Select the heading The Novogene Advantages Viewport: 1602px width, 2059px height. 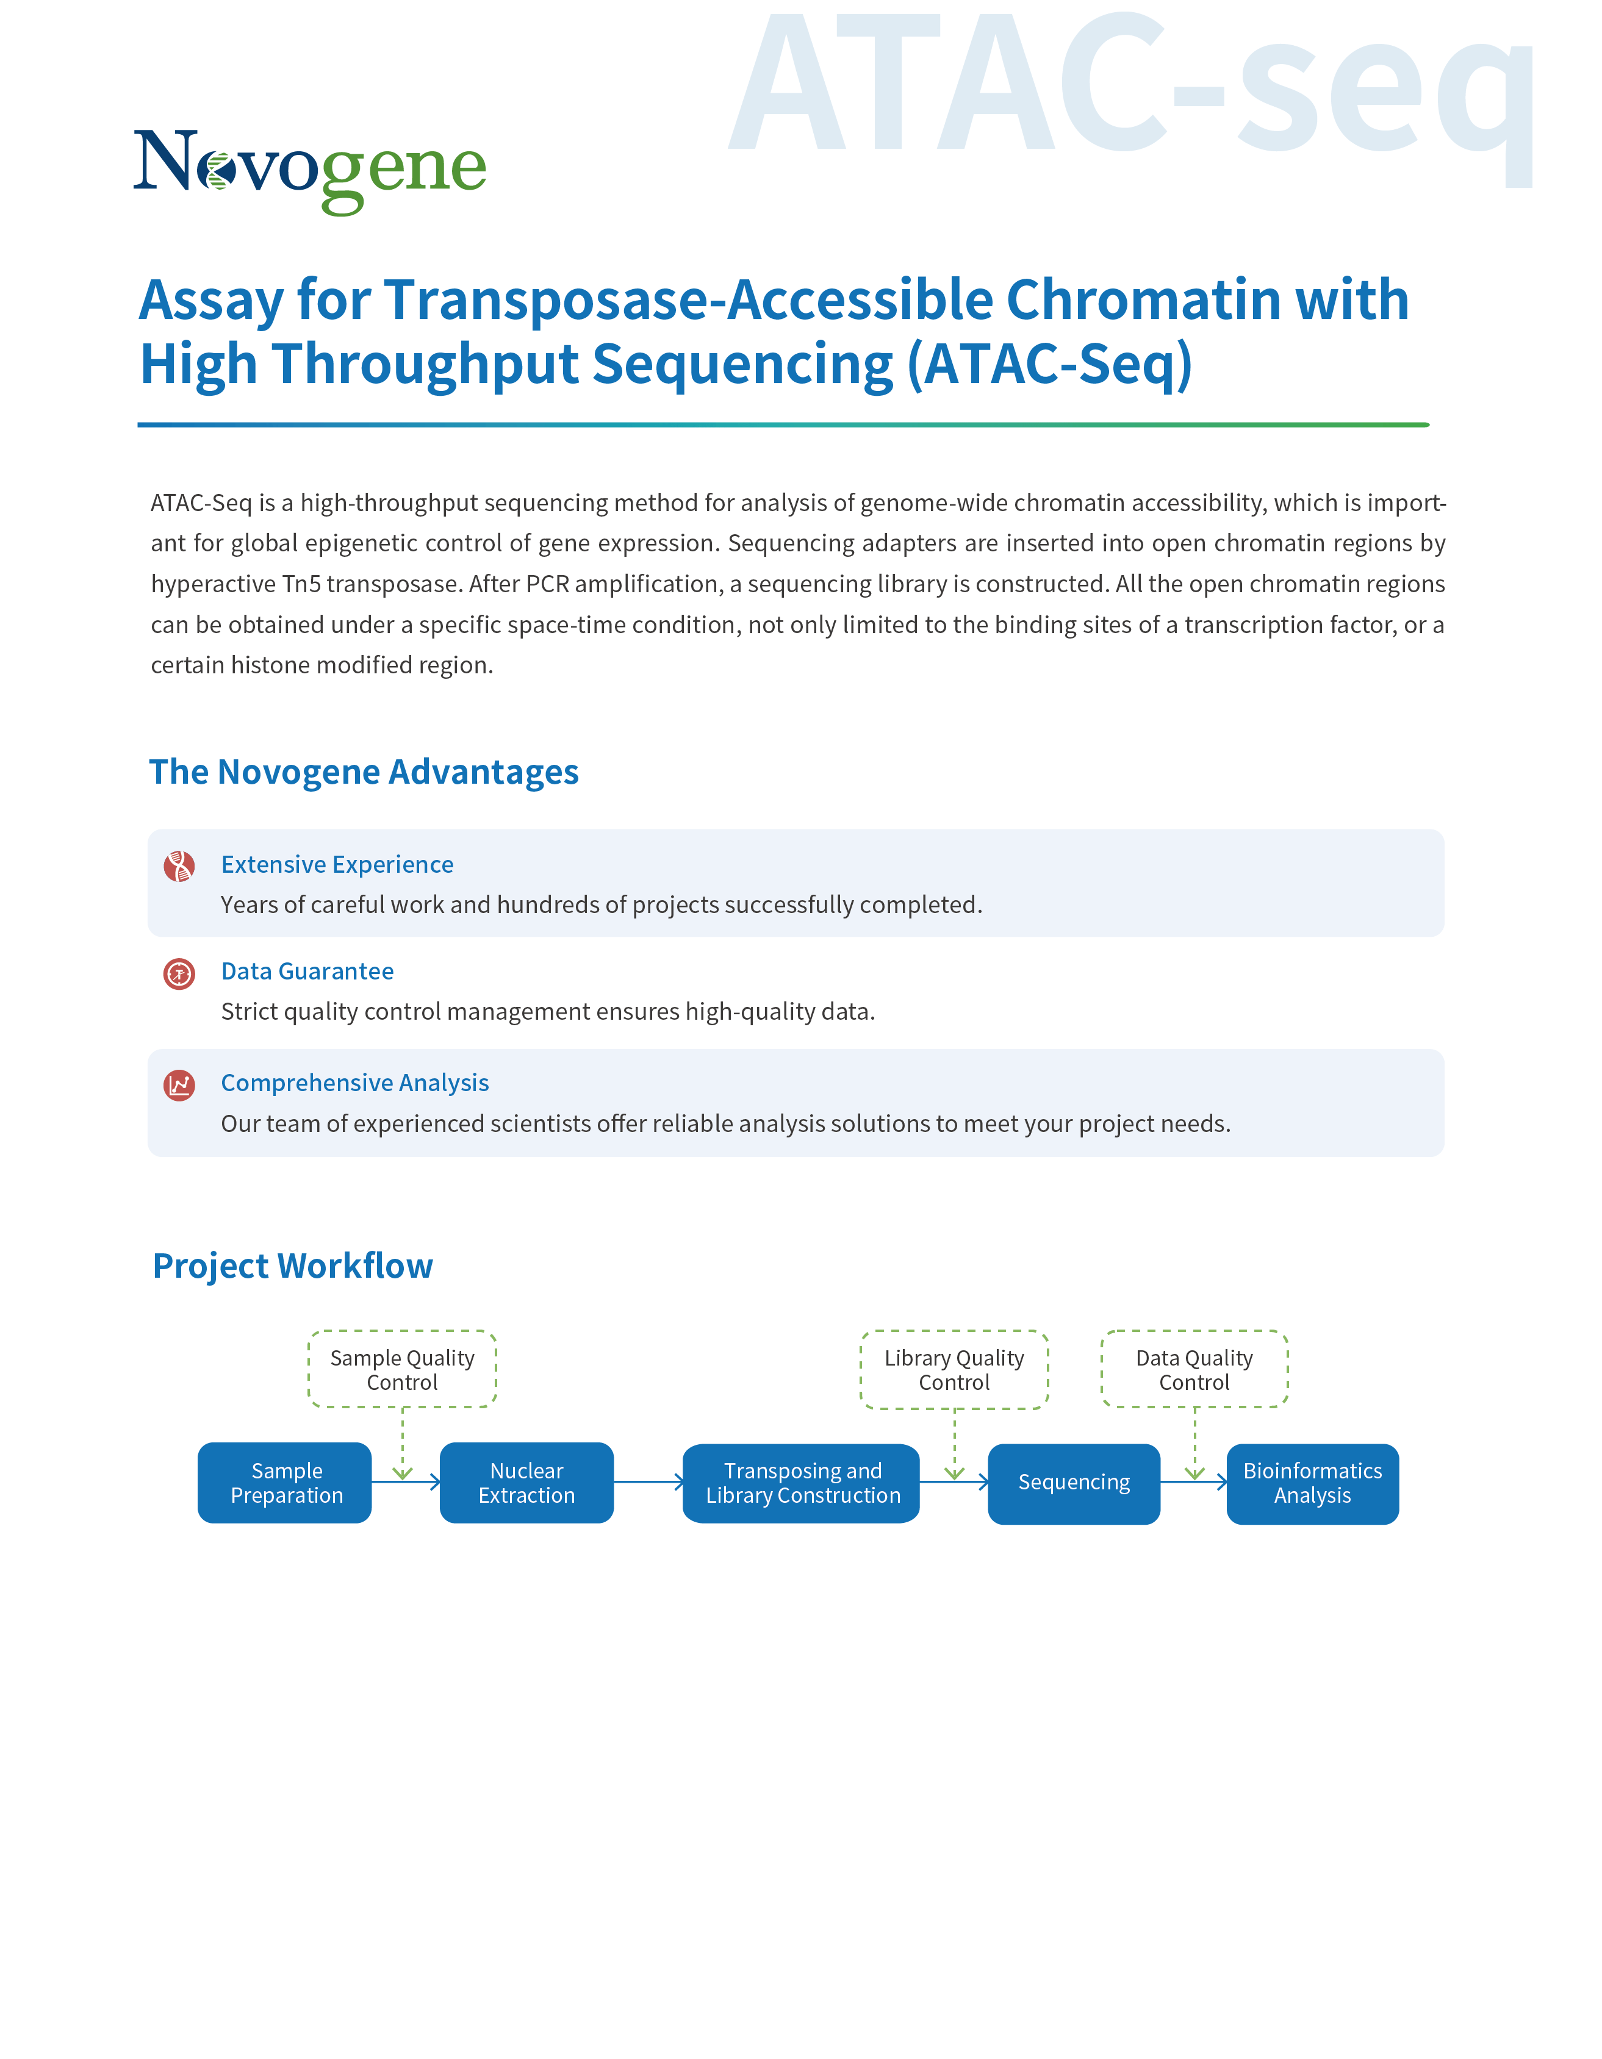[364, 772]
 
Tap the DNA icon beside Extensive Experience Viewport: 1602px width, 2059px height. [179, 865]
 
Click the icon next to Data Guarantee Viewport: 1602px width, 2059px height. [179, 973]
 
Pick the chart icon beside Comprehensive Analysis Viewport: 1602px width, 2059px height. [179, 1085]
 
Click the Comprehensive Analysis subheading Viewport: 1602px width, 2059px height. [354, 1083]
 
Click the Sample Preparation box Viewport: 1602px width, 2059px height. [285, 1483]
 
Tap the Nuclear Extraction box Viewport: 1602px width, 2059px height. [526, 1483]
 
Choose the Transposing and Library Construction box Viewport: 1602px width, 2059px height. [802, 1483]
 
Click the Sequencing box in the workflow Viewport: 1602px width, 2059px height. [1074, 1483]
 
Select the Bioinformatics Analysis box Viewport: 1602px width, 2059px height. [1312, 1483]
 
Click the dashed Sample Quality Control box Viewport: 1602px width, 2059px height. [403, 1370]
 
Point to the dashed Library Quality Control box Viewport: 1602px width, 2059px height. [954, 1370]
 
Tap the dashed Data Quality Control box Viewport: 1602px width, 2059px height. [1194, 1370]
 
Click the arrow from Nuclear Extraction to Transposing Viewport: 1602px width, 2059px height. [648, 1482]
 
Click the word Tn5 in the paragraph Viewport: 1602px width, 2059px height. [302, 584]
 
